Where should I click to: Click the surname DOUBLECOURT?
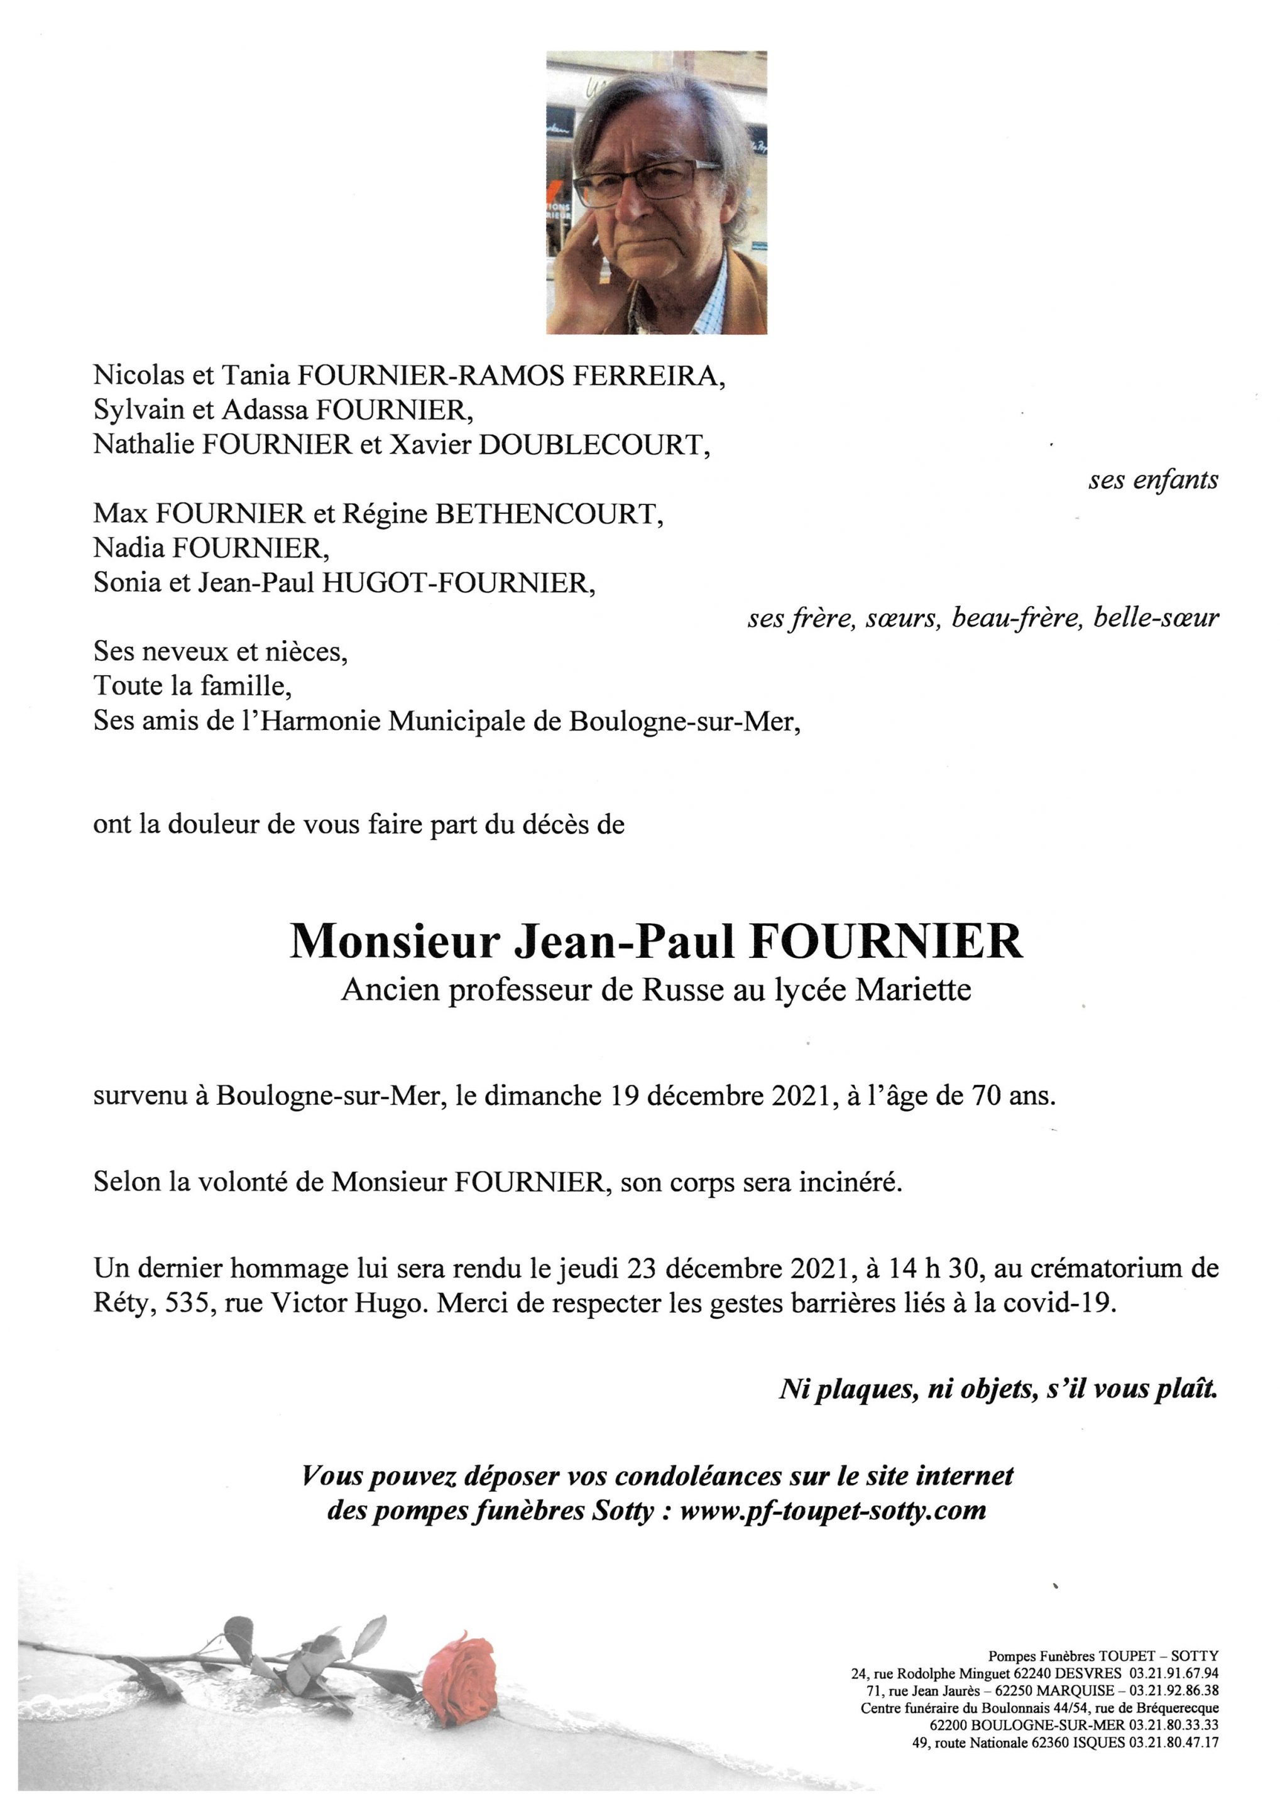(x=589, y=445)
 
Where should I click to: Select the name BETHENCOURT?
(x=545, y=514)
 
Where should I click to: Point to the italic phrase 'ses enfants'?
(x=1153, y=480)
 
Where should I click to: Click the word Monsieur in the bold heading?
(x=395, y=942)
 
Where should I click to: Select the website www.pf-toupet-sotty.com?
(x=833, y=1511)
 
